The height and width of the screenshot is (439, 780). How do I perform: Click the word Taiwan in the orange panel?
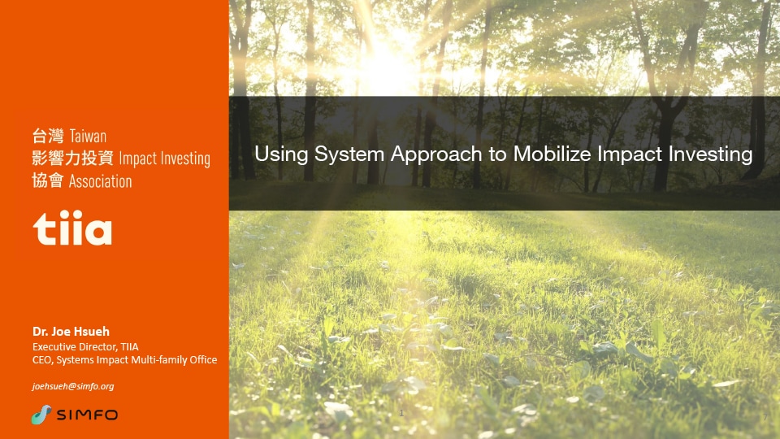(x=88, y=137)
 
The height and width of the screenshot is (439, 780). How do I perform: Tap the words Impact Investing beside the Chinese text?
(x=165, y=159)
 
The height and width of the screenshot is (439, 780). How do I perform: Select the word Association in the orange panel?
(x=101, y=181)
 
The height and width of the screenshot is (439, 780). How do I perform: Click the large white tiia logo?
(x=72, y=228)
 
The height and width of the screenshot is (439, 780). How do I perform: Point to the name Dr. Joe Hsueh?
(x=71, y=332)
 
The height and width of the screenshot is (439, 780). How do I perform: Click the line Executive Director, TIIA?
(x=85, y=347)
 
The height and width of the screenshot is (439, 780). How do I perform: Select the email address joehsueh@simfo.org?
(x=73, y=386)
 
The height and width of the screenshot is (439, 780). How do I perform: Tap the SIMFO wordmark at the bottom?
(x=87, y=415)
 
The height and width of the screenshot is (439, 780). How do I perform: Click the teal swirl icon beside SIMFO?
(x=41, y=415)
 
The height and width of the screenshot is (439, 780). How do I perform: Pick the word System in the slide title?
(x=349, y=154)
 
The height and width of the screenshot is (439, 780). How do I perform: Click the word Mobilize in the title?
(x=552, y=154)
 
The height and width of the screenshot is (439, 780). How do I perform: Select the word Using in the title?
(x=282, y=154)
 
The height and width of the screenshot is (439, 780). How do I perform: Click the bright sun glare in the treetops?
(x=382, y=59)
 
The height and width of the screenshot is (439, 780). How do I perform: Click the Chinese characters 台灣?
(x=48, y=136)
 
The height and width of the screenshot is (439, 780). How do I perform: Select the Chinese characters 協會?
(x=48, y=180)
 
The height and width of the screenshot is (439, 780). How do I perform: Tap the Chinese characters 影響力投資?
(x=72, y=159)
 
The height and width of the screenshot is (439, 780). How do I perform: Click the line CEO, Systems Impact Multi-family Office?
(x=125, y=360)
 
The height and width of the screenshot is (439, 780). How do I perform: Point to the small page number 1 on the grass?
(x=401, y=413)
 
